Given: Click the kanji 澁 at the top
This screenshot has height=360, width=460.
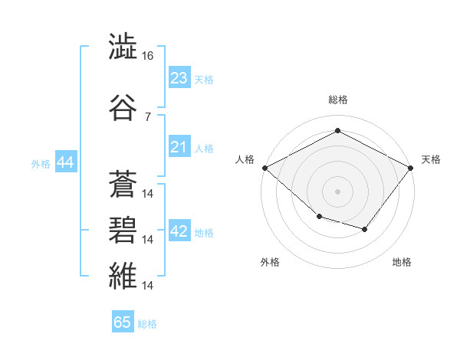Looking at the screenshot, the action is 123,46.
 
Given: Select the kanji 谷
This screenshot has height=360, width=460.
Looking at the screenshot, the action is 123,107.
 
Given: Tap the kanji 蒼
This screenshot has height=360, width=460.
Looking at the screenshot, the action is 123,184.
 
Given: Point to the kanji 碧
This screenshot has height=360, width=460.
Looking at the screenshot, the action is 123,230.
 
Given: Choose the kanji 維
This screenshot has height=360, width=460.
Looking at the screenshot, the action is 123,276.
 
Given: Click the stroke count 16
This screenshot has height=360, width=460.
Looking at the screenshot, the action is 147,56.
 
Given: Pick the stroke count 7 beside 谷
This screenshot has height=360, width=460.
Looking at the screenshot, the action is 148,117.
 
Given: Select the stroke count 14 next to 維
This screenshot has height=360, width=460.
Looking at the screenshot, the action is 147,285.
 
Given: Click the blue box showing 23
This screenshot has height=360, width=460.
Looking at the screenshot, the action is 179,77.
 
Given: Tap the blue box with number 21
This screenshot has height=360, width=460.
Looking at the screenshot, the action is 179,146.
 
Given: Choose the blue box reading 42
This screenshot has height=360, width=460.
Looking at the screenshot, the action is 179,230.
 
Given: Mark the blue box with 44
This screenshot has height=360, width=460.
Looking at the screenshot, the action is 66,162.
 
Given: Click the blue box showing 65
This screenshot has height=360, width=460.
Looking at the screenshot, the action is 123,321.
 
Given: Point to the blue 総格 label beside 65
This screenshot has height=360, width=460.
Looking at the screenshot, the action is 147,324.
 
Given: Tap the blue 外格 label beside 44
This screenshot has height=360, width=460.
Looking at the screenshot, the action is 41,164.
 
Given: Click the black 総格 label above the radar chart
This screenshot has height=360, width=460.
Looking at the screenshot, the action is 338,100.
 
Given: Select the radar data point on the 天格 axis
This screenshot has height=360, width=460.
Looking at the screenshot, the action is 410,168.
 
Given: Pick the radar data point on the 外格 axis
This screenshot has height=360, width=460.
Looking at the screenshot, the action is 320,217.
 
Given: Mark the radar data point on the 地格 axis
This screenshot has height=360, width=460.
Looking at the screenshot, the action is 365,229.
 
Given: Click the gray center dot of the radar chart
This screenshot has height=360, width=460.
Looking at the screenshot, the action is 337,191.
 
